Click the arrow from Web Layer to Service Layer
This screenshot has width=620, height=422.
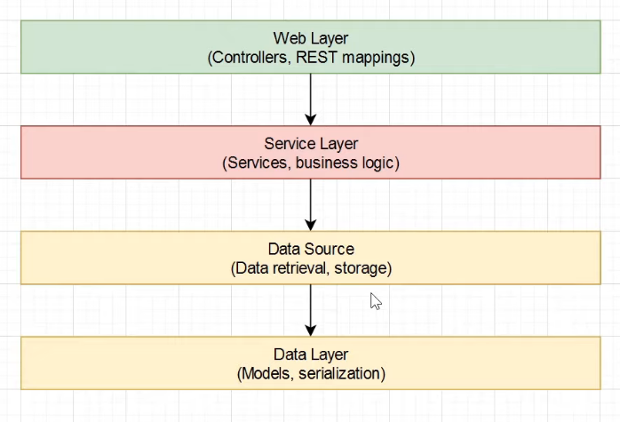coord(311,99)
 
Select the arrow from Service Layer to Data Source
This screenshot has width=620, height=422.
coord(311,204)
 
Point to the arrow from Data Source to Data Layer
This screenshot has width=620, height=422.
coord(311,309)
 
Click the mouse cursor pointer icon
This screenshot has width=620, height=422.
coord(375,301)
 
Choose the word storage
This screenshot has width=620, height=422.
coord(361,268)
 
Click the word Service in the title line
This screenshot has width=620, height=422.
coord(289,143)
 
